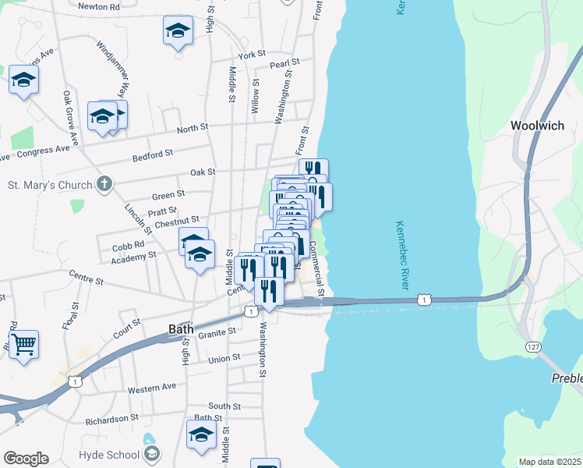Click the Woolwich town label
537,126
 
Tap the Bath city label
181,329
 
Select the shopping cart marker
23,344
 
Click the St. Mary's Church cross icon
104,185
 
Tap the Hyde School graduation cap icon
152,453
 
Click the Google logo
26,458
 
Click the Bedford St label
152,154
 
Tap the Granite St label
217,331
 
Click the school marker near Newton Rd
178,32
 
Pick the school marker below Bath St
201,435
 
